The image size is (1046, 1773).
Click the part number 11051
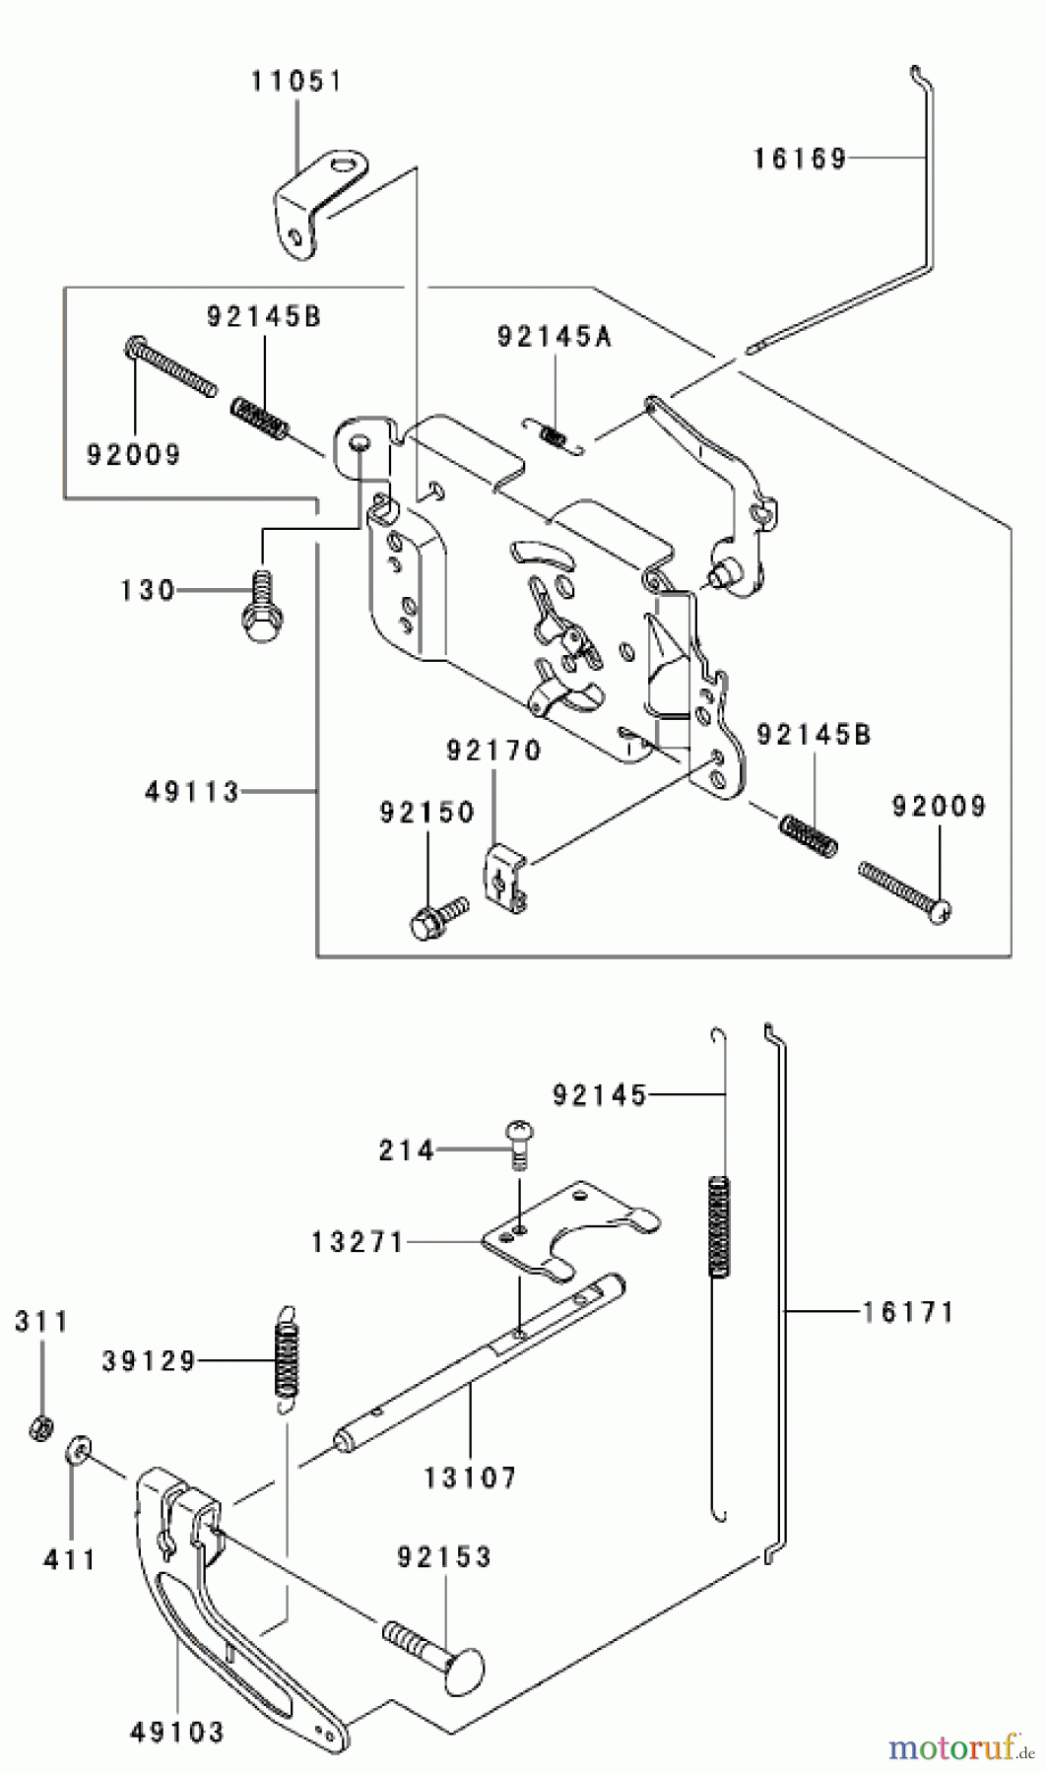point(295,81)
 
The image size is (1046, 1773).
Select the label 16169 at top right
point(800,159)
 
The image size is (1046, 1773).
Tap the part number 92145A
point(554,338)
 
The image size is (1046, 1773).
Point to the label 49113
point(192,792)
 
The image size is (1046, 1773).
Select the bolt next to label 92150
point(433,917)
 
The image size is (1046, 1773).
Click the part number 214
point(406,1149)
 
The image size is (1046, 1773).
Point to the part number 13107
point(470,1477)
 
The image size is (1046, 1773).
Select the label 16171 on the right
point(908,1312)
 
